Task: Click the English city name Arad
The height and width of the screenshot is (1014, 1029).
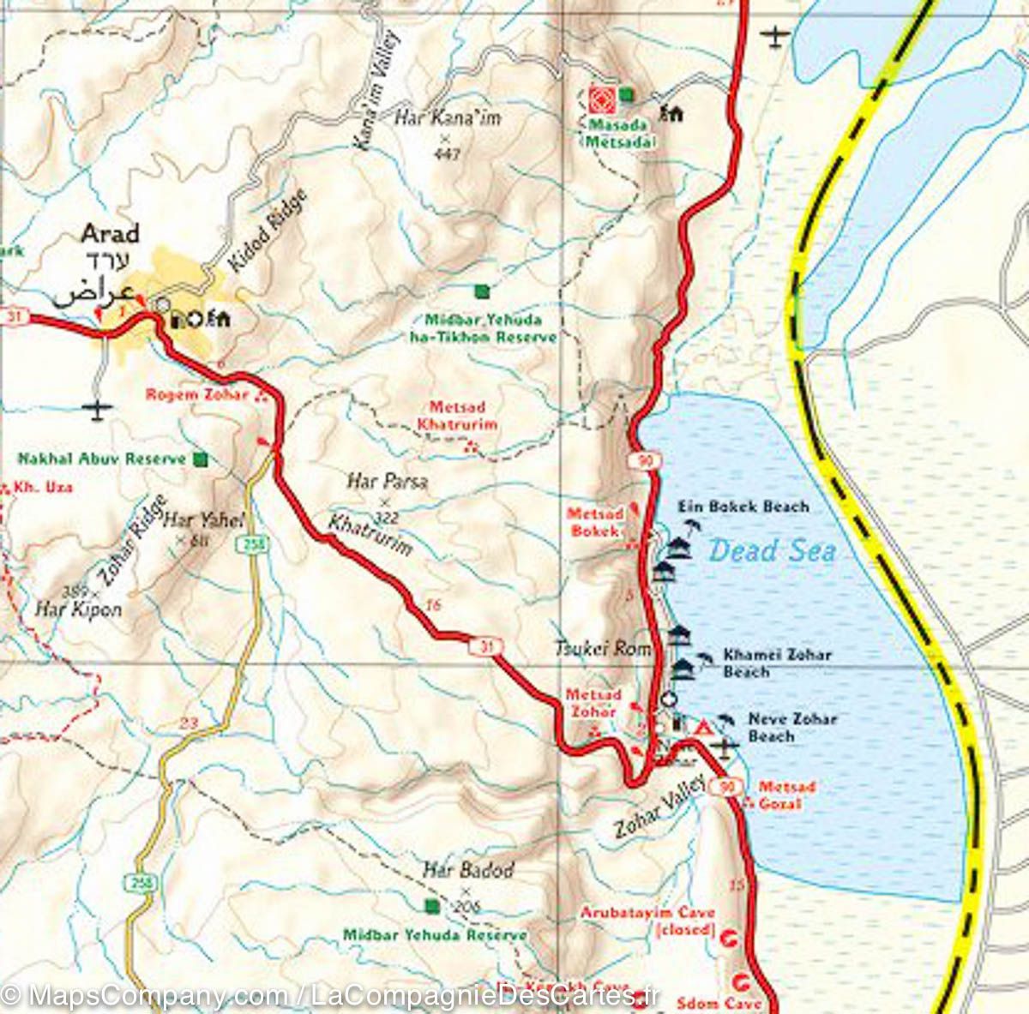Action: (110, 233)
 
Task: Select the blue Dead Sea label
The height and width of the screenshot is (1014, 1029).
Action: (772, 549)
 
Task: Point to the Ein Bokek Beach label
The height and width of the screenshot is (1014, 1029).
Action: (743, 507)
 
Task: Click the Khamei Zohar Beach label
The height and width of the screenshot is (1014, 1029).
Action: (777, 663)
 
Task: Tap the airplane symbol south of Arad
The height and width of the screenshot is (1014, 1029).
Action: (99, 410)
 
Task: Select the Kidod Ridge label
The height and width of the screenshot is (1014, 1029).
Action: (268, 231)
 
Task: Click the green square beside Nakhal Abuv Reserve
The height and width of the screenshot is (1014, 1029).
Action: (201, 459)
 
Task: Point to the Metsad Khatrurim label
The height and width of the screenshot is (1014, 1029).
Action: (457, 416)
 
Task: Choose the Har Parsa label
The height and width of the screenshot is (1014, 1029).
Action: (387, 482)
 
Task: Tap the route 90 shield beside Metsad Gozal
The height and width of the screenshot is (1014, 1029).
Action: (730, 787)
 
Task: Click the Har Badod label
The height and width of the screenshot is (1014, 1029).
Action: (468, 870)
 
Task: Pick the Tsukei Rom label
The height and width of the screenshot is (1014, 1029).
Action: (603, 648)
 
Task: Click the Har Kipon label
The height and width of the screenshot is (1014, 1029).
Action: (78, 609)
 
